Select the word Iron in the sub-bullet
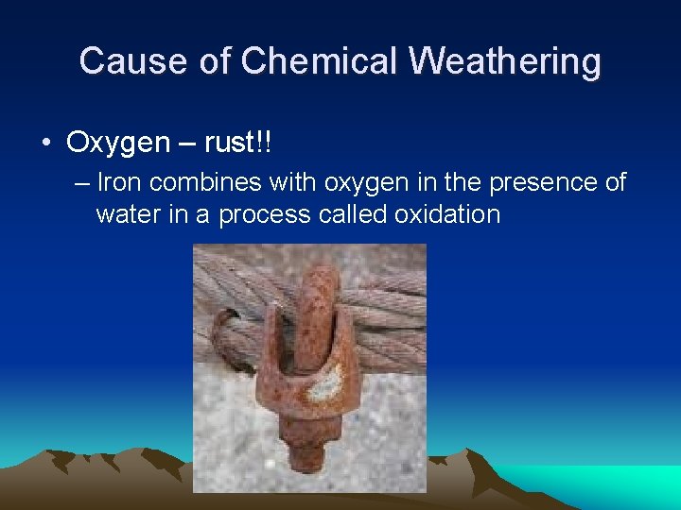(117, 182)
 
